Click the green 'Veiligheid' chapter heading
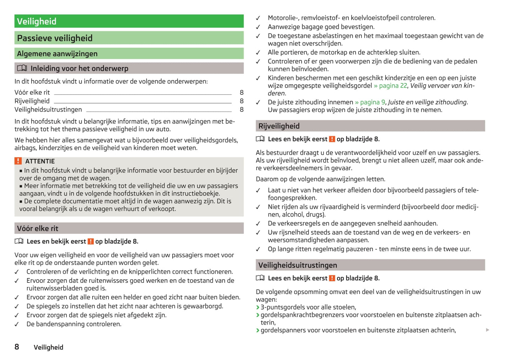[37, 21]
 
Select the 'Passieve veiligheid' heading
[55, 38]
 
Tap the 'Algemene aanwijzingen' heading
[57, 54]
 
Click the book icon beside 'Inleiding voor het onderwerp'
[22, 68]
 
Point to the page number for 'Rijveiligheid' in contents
[241, 101]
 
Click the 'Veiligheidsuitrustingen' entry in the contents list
[48, 109]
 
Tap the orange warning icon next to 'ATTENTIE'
[18, 161]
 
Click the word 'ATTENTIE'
[40, 161]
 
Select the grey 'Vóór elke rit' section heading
[38, 228]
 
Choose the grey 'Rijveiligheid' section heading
[279, 126]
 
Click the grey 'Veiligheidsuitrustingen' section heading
[298, 265]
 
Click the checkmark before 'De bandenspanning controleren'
[16, 324]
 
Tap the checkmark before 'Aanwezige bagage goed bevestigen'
[258, 27]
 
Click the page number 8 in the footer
[17, 347]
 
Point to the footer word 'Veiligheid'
[48, 347]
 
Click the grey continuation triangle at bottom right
[487, 330]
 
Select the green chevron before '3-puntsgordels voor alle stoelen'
[258, 307]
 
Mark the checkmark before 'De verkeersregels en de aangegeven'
[258, 224]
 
